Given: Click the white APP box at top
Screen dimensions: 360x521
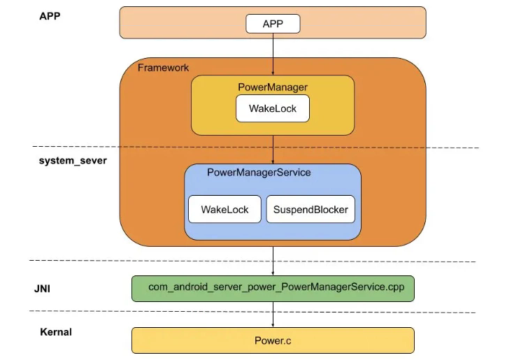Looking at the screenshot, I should pos(273,24).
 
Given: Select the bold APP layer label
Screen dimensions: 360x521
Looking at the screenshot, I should pos(51,15).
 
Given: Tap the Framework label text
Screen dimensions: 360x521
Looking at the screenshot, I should pos(163,68).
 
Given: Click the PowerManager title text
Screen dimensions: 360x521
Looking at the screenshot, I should pos(273,87).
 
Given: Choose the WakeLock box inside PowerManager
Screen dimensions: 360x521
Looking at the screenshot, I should pos(273,108).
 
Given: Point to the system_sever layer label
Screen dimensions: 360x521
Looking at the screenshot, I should pos(68,160).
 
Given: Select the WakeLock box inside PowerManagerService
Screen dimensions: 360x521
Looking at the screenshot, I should pos(224,209).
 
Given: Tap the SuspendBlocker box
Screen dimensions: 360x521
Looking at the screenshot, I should pos(311,209).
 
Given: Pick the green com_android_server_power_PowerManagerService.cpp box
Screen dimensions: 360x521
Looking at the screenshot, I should pos(273,288).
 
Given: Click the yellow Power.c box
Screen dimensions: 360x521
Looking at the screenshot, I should pos(273,340).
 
